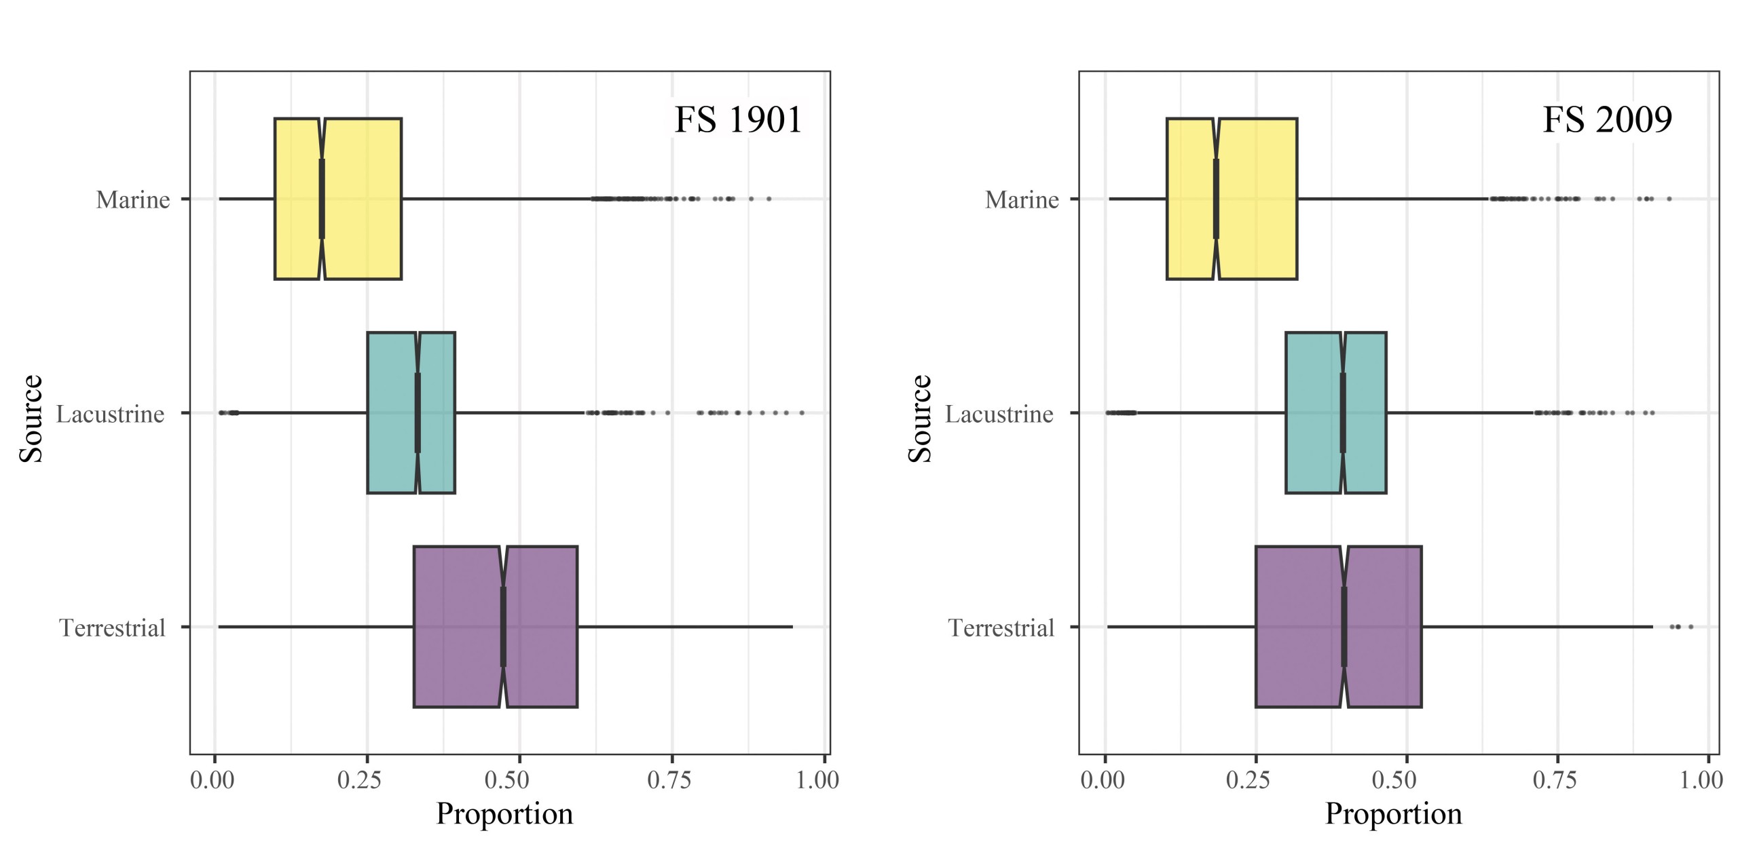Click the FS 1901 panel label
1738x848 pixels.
[x=738, y=120]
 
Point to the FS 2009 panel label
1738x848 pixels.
[x=1607, y=120]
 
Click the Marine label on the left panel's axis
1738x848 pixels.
[x=133, y=199]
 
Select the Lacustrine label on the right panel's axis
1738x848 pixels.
[x=999, y=414]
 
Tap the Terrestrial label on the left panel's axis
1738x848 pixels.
[x=113, y=628]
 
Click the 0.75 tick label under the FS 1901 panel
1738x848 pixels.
[x=669, y=780]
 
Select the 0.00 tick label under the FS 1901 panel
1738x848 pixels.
[x=212, y=780]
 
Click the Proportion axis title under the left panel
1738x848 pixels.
[x=504, y=813]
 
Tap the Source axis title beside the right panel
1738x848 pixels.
[x=920, y=419]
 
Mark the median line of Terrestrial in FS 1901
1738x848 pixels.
[x=503, y=626]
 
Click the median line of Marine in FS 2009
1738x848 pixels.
[x=1216, y=199]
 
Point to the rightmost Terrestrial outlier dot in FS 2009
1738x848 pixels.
[x=1690, y=626]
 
